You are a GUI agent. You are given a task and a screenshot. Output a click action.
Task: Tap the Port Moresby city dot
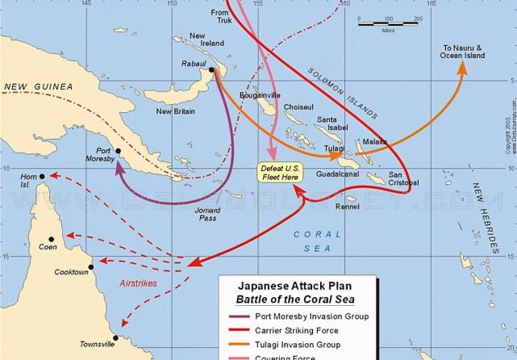coord(118,151)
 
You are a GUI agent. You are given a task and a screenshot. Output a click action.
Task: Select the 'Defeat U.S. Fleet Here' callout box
coord(277,172)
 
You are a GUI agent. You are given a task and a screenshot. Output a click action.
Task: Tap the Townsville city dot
coord(115,338)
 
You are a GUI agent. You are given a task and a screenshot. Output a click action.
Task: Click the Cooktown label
coord(71,272)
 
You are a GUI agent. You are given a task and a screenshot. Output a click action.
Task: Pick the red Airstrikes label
coord(138,283)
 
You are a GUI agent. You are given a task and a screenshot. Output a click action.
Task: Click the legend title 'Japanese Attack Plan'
coord(297,286)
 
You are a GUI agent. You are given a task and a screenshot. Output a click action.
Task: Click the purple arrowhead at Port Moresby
coord(120,169)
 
